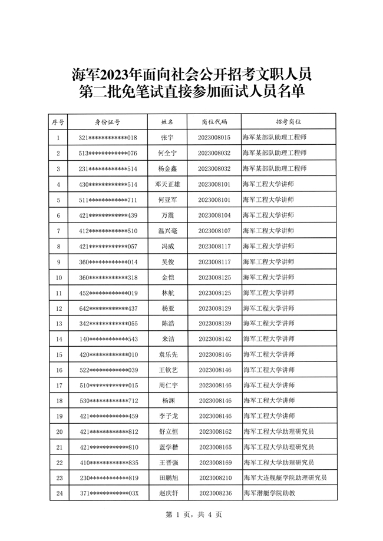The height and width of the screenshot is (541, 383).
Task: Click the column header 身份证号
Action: [x=108, y=122]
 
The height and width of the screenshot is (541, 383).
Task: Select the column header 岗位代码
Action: [x=214, y=122]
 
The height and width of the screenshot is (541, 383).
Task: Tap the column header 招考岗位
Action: [x=289, y=122]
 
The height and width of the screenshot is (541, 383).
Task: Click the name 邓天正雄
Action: [x=167, y=184]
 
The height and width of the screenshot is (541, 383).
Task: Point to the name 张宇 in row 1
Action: [x=167, y=138]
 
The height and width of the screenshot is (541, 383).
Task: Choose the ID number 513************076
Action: [x=108, y=153]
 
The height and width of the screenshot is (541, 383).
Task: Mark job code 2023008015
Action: [x=214, y=138]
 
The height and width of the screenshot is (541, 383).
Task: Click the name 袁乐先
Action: [x=167, y=354]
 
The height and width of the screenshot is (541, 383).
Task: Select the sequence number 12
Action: [x=58, y=308]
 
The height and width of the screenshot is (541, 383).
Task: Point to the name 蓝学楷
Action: [x=167, y=447]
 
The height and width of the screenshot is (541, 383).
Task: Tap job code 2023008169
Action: [x=214, y=462]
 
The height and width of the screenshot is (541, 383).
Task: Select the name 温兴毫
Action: [x=167, y=231]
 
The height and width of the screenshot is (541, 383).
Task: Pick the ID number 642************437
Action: [x=108, y=308]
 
